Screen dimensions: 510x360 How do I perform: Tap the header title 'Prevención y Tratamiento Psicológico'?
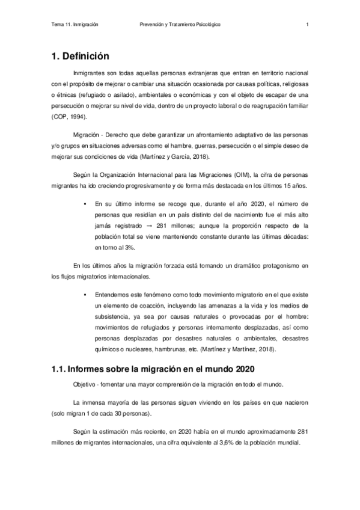click(x=180, y=25)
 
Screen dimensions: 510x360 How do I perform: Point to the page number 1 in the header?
click(x=307, y=25)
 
